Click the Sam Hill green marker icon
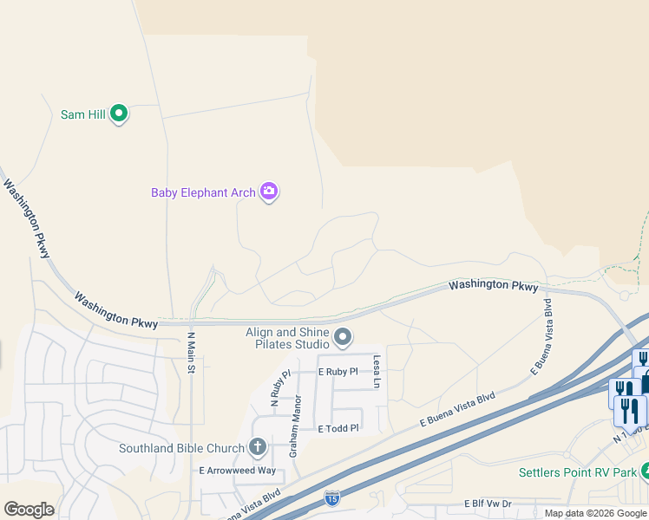[x=120, y=114]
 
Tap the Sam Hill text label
[x=83, y=114]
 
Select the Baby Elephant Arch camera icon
[x=269, y=192]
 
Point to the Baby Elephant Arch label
[x=203, y=192]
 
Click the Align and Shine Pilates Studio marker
[x=344, y=336]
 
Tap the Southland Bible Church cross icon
[x=257, y=447]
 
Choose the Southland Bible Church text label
[x=182, y=448]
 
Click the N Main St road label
[x=191, y=354]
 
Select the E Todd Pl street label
[x=338, y=428]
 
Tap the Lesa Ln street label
[x=377, y=371]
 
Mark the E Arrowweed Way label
[x=237, y=471]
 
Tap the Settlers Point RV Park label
[x=576, y=472]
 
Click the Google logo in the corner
[x=29, y=510]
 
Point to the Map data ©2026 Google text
[x=595, y=513]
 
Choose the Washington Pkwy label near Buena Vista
[x=493, y=286]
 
